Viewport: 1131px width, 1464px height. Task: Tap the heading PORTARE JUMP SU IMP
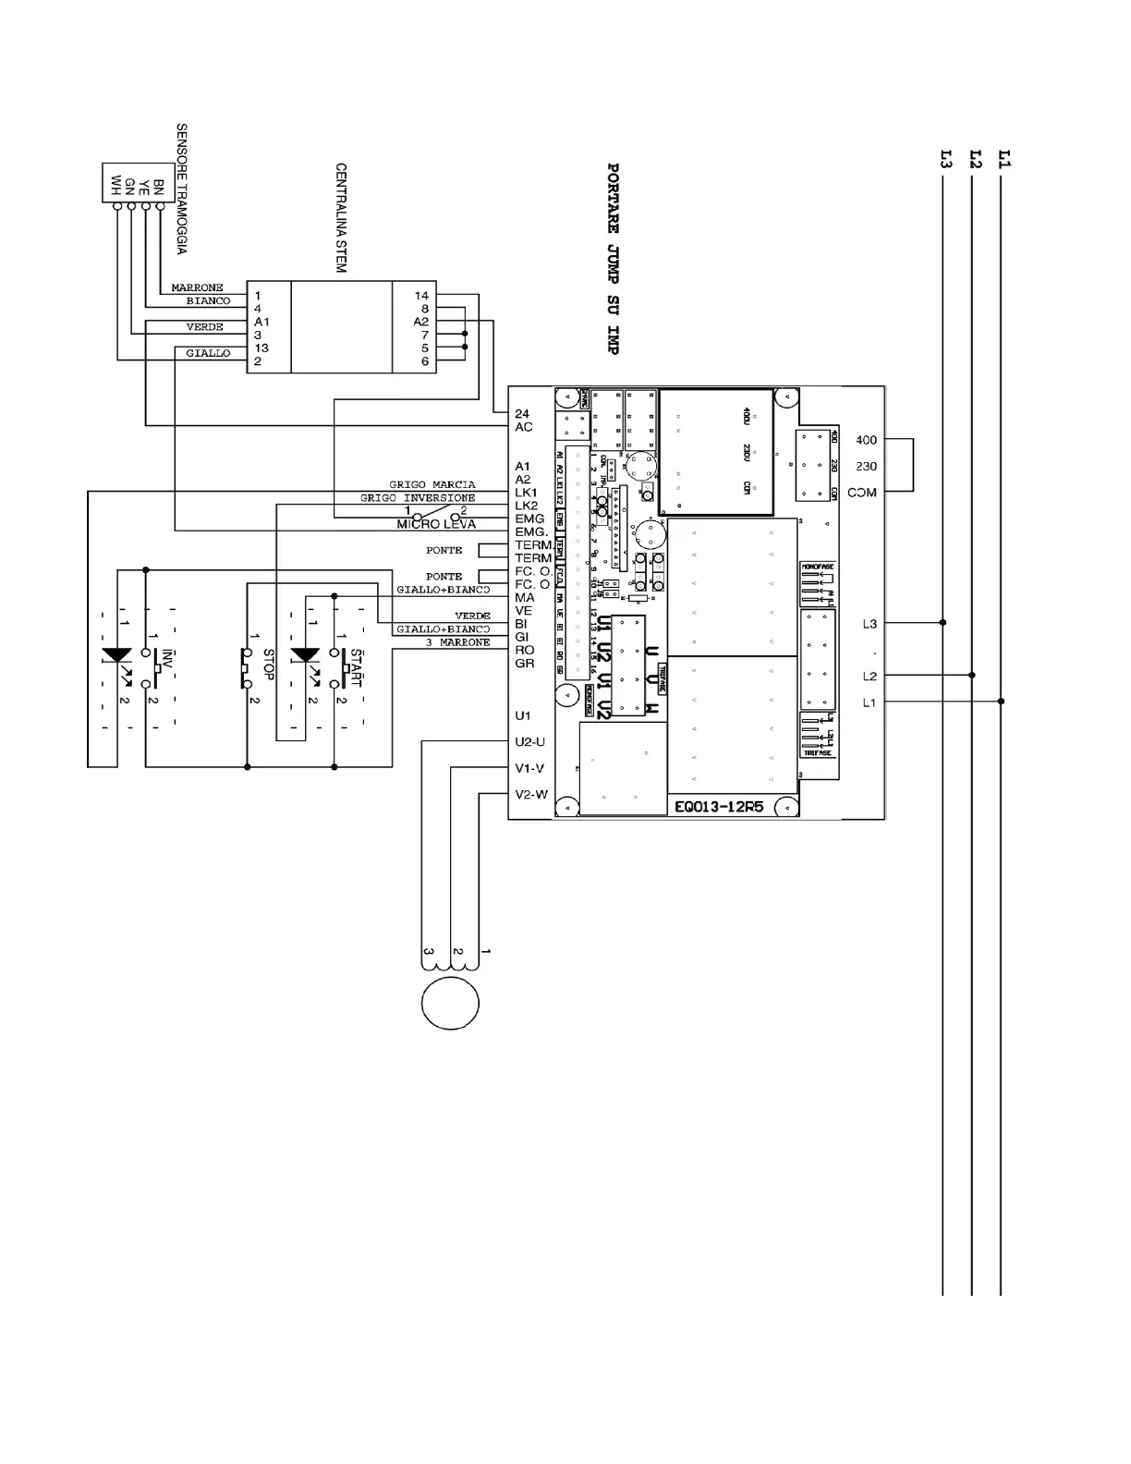[x=613, y=259]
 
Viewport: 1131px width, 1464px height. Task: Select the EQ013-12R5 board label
[x=719, y=806]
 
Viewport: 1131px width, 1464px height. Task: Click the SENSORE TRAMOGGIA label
[x=182, y=189]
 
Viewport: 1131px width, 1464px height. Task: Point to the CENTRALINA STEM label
[x=341, y=218]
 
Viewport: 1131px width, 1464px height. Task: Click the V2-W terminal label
[x=531, y=794]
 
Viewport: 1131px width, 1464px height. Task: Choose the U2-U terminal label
[x=530, y=741]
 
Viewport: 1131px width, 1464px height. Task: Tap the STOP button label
[x=269, y=665]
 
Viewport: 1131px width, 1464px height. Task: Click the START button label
[x=357, y=668]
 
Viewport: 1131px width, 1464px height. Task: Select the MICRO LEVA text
[x=436, y=524]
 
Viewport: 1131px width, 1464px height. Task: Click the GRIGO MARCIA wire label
[x=432, y=484]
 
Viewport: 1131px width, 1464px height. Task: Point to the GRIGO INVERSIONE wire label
[x=418, y=498]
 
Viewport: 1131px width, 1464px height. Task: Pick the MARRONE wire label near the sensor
[x=197, y=288]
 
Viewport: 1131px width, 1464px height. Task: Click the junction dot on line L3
[x=942, y=622]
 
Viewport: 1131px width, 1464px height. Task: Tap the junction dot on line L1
[x=1002, y=701]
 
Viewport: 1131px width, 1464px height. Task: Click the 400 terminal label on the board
[x=866, y=440]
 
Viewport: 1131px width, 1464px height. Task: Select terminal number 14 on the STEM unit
[x=421, y=296]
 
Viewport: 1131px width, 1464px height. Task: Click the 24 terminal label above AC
[x=522, y=413]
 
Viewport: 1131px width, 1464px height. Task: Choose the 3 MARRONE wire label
[x=457, y=642]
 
